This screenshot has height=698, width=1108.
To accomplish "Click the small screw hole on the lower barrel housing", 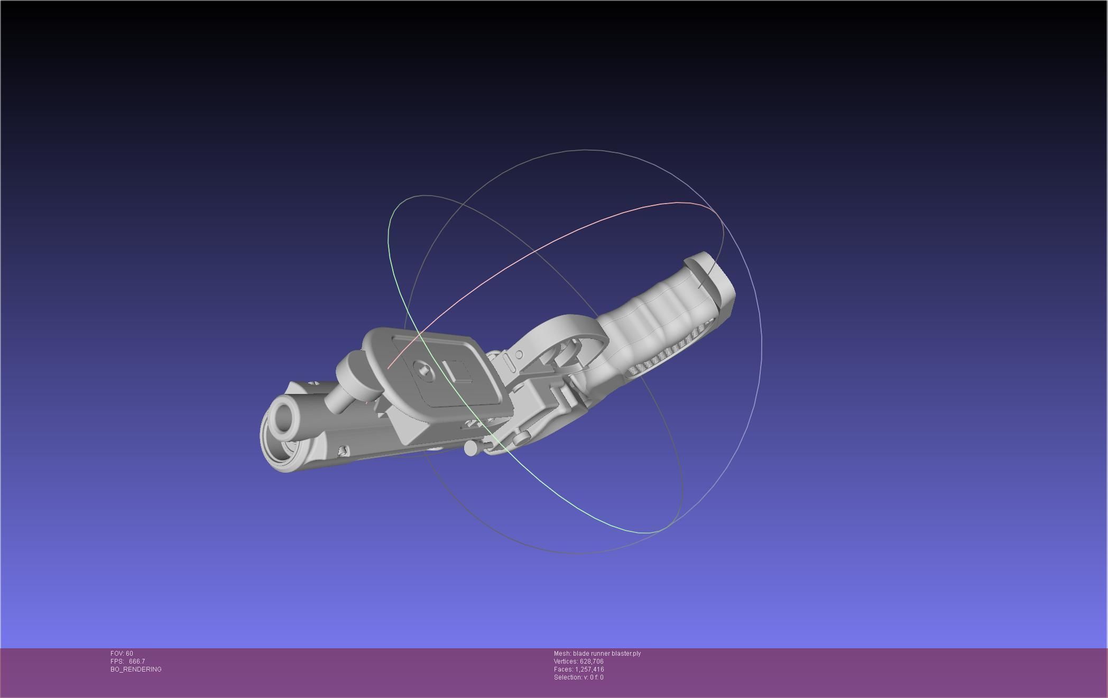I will coord(344,451).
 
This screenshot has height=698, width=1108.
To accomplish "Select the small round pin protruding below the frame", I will coord(470,448).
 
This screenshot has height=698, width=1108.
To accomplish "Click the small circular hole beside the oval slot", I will coord(519,354).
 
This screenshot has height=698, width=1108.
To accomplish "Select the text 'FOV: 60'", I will coord(122,654).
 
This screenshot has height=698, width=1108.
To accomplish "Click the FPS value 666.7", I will coord(136,662).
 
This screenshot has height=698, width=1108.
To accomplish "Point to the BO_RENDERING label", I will coord(136,669).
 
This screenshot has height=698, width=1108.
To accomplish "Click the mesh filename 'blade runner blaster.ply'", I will coord(606,654).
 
